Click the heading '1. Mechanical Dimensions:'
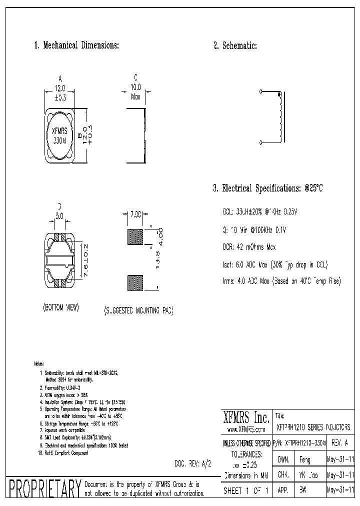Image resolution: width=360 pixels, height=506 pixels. (x=76, y=45)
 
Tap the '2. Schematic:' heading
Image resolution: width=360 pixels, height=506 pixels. (x=235, y=45)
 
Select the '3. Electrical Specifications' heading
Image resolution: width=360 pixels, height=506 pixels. (x=268, y=188)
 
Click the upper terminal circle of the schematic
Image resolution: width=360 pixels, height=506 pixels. (x=261, y=92)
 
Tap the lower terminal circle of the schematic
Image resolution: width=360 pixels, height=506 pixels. (x=261, y=143)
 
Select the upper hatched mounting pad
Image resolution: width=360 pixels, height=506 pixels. (x=135, y=236)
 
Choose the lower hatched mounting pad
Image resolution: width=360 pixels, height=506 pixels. (x=135, y=283)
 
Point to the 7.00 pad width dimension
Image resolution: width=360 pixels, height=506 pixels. (x=135, y=213)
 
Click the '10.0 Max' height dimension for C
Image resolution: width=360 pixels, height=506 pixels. (x=135, y=91)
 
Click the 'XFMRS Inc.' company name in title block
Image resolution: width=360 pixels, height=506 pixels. (x=245, y=417)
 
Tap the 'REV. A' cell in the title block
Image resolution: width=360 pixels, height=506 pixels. (x=340, y=442)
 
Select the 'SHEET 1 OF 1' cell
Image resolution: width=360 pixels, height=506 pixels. (x=245, y=491)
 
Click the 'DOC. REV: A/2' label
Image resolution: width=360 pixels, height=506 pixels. (x=192, y=463)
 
